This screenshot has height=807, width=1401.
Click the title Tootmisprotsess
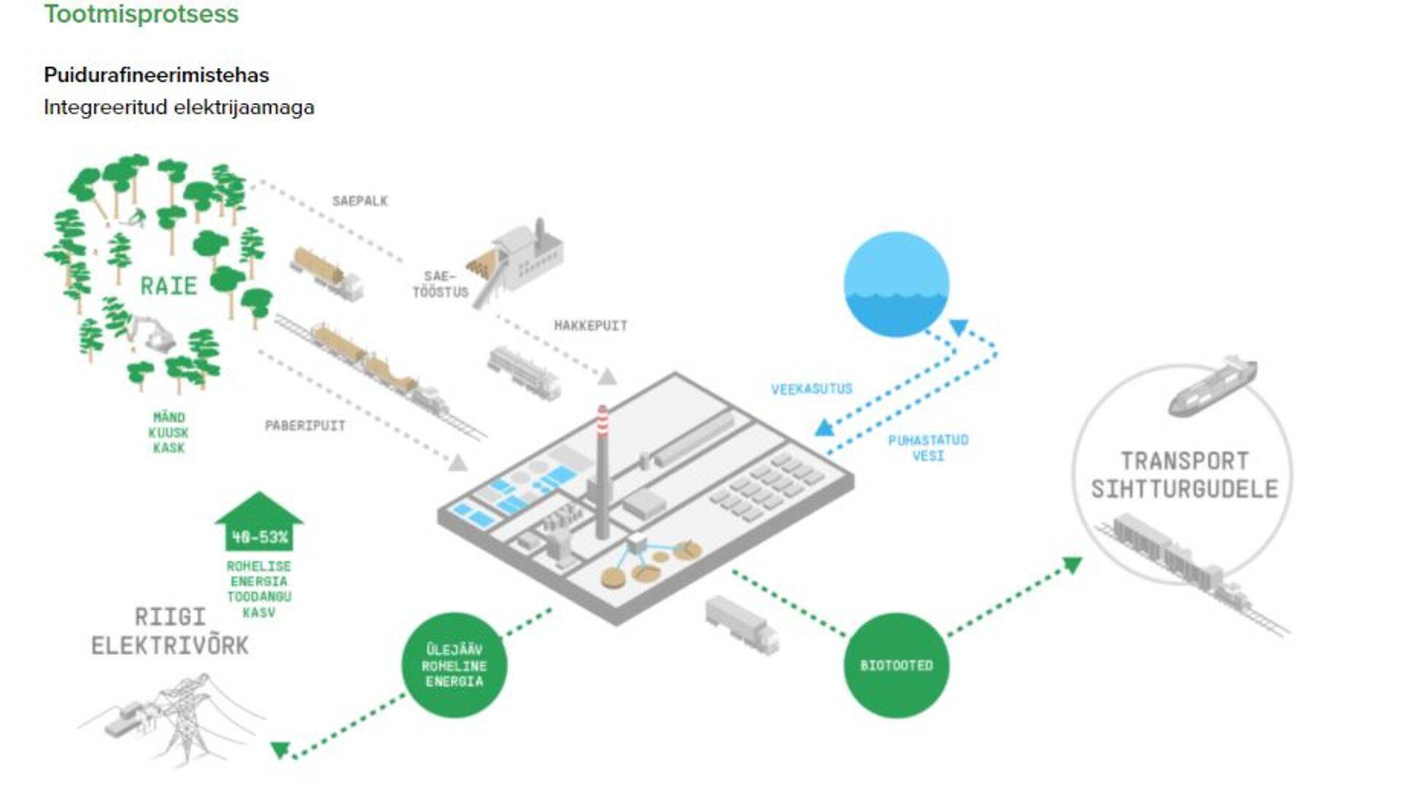[141, 14]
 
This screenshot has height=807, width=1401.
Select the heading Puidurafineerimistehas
[156, 75]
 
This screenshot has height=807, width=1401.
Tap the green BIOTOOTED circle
[896, 665]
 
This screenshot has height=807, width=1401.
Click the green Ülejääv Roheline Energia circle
[454, 665]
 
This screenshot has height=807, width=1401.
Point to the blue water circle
[896, 284]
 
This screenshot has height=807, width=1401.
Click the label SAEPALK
[360, 201]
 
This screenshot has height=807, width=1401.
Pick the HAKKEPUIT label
[590, 325]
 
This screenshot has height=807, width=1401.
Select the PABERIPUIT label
[305, 425]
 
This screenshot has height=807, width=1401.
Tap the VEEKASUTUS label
[811, 389]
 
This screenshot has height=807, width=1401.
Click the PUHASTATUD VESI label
[927, 447]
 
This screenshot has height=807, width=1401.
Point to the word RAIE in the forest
[169, 285]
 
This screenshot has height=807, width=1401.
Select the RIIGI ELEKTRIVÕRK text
[169, 631]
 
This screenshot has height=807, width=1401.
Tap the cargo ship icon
[1211, 386]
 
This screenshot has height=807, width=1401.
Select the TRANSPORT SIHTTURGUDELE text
[1184, 474]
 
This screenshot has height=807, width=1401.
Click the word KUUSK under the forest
[169, 433]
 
